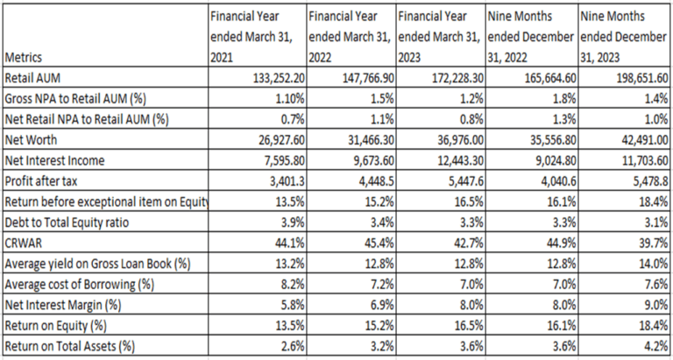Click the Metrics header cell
click(x=22, y=57)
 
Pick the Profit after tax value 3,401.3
click(x=288, y=181)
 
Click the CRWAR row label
click(x=18, y=244)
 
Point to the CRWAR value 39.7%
click(x=655, y=244)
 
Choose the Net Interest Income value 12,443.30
click(x=460, y=161)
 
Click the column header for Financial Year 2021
click(x=251, y=37)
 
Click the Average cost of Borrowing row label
click(x=79, y=285)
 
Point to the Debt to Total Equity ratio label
click(x=67, y=223)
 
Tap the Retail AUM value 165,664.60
click(x=549, y=79)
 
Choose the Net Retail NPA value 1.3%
click(x=564, y=120)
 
